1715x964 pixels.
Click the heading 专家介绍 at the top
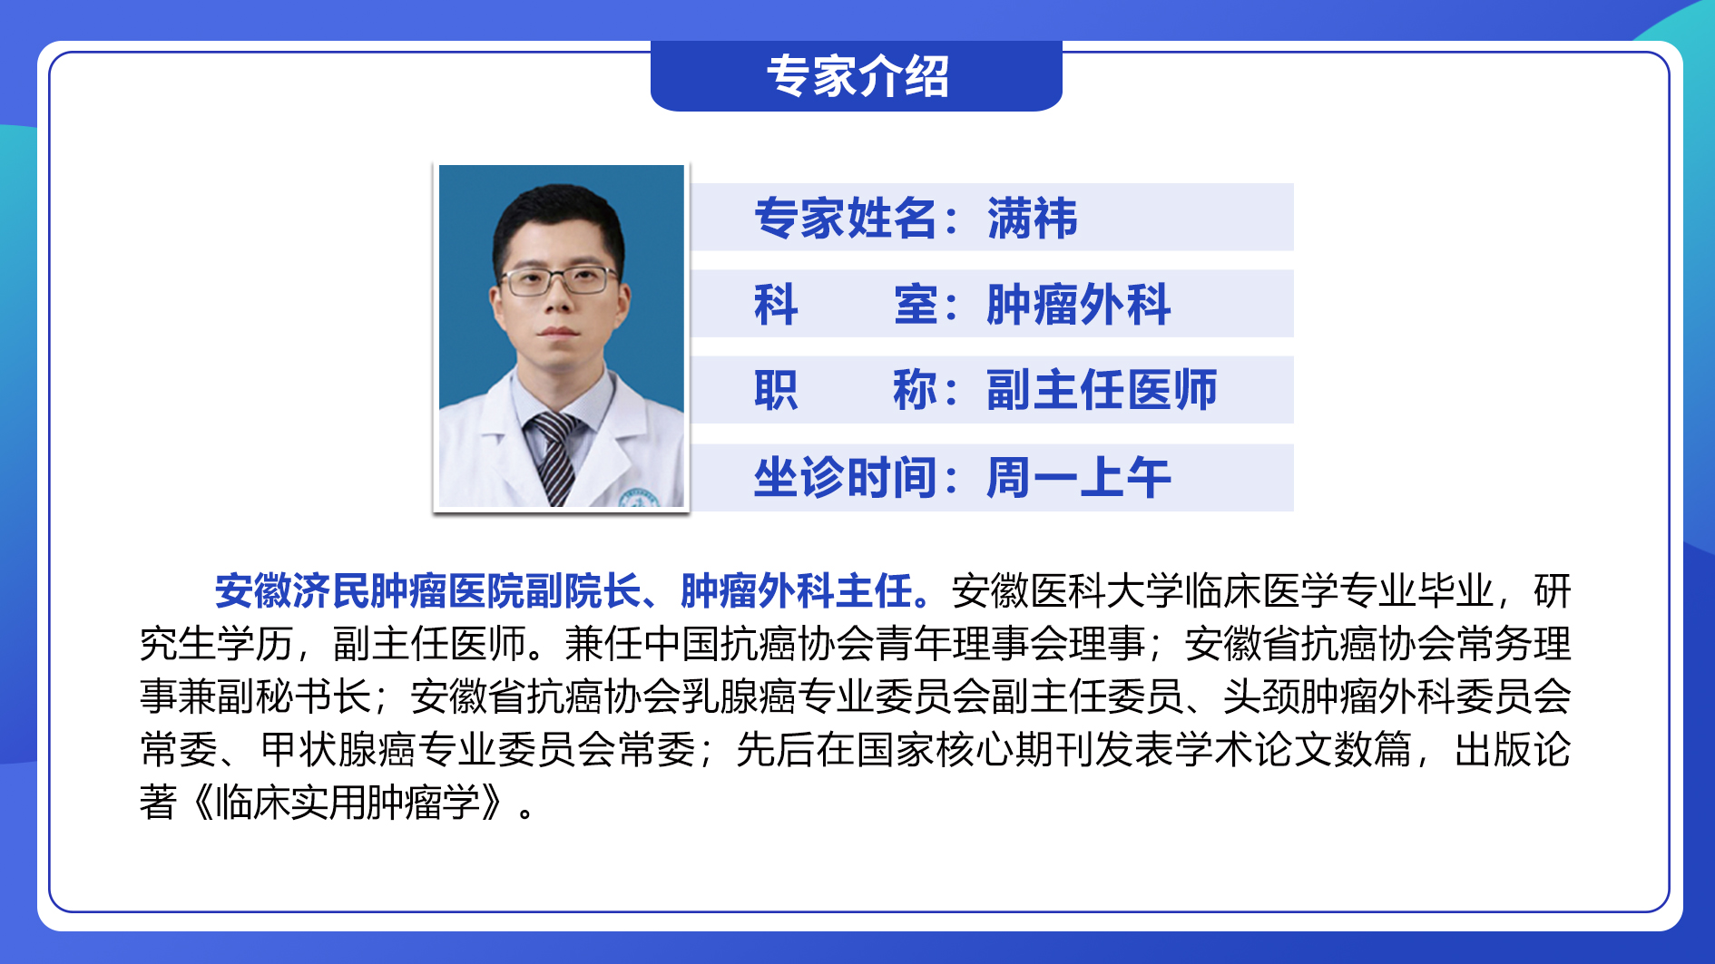857,76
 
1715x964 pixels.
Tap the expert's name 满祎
1033,219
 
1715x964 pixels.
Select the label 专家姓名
846,219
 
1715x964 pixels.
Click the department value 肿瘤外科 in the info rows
1079,305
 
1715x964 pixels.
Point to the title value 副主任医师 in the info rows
1102,390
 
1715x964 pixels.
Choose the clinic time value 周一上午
1079,478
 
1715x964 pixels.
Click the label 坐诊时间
846,478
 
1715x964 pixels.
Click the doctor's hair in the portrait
558,222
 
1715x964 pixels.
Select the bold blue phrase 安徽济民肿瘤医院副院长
427,591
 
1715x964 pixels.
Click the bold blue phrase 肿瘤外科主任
797,591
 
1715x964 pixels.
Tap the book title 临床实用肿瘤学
348,803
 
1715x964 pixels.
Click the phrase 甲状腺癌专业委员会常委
478,750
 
